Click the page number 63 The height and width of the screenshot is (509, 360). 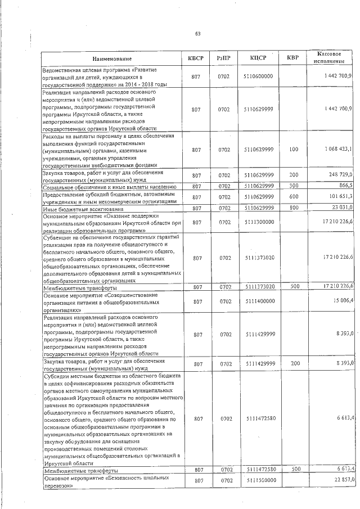[198, 34]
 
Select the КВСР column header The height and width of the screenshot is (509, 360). [196, 58]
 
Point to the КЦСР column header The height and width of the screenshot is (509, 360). [259, 58]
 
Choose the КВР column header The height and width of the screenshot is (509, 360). [292, 58]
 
